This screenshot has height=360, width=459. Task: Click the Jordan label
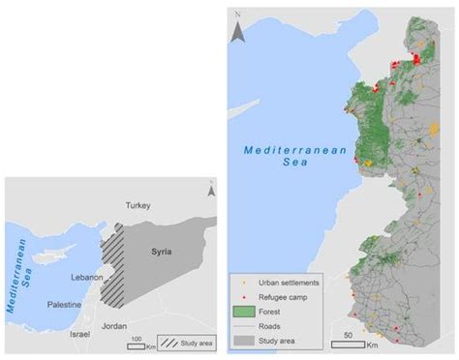(x=114, y=326)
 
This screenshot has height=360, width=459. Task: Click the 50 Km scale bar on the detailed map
(x=354, y=339)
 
